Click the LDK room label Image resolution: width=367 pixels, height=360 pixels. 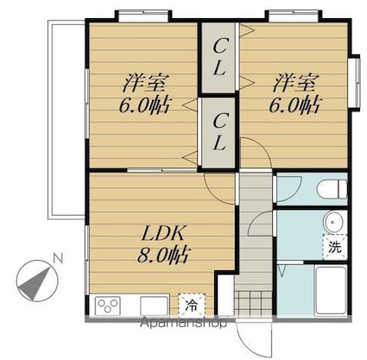coord(163,234)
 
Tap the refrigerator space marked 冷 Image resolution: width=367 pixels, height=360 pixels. coord(192,305)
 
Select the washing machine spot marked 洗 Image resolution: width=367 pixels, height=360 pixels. coord(335,247)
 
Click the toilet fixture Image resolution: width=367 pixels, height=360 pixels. coord(332,189)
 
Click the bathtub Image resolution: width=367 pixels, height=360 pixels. coord(331,290)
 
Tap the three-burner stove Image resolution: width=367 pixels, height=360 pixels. coord(107,306)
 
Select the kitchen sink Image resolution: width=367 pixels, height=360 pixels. coord(154,306)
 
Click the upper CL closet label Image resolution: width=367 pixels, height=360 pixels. coord(219,57)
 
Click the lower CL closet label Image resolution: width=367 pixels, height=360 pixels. coord(219,131)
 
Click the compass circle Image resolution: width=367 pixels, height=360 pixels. coord(37,281)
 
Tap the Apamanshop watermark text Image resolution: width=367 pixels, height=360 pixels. coord(183,323)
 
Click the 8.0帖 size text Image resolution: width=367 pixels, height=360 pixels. coord(163,255)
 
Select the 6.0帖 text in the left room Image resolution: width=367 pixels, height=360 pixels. coord(145,105)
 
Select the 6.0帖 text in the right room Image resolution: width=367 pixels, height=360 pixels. coord(294,104)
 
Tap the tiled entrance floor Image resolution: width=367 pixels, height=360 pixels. coord(253,304)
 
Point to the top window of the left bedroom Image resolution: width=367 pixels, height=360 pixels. coord(143,15)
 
